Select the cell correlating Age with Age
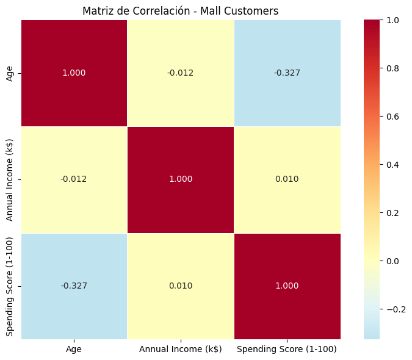point(74,73)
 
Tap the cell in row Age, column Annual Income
point(180,73)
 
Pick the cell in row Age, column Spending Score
point(287,73)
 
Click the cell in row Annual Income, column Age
point(74,179)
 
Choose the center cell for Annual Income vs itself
point(180,179)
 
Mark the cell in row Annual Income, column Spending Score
point(287,179)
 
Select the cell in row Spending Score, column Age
point(74,286)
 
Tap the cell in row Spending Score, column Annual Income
point(180,286)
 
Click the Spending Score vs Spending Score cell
point(287,286)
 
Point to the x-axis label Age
point(74,349)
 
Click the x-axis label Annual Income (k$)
point(180,349)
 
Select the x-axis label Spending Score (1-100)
point(287,349)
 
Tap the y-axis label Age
point(10,73)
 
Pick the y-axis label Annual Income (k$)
point(10,179)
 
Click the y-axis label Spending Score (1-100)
point(10,286)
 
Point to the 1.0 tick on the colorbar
point(393,20)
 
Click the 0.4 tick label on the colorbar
point(393,165)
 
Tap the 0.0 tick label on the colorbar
point(393,261)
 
